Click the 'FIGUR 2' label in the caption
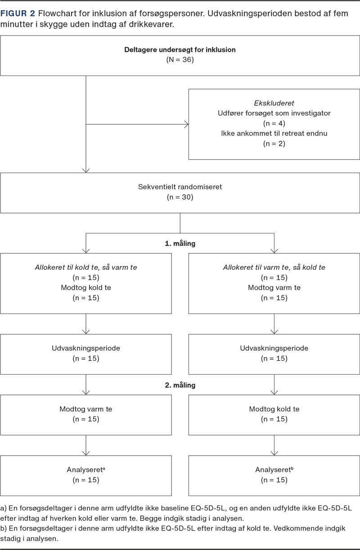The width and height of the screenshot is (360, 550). coord(18,14)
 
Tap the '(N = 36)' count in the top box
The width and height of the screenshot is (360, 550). coord(180,60)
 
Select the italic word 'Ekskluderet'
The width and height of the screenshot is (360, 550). coord(274,103)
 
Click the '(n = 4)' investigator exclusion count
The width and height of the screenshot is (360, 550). coord(274,123)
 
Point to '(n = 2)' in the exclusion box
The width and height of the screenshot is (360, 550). coord(274,144)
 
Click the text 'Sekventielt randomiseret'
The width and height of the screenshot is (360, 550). coord(180,187)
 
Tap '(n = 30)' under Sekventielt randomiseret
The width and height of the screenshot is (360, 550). coord(180,197)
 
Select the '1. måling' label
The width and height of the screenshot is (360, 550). coord(180,244)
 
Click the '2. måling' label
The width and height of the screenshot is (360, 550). coord(180,385)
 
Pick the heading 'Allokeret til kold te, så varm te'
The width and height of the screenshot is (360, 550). coord(86,267)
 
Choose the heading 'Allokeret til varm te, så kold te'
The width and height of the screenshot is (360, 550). coord(274,267)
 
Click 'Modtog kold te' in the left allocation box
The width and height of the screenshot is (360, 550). coord(86,288)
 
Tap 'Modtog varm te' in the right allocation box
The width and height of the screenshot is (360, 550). coord(274,288)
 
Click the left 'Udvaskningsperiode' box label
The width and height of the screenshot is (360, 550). coord(86,349)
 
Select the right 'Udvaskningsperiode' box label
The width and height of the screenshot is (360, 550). coord(274,349)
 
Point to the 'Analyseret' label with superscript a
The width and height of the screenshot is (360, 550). coord(85,470)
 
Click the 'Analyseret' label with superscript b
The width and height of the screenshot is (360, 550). coord(274,470)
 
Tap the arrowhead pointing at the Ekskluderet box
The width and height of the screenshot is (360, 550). coord(185,124)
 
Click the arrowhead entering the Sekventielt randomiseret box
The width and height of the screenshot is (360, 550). coord(86,170)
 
